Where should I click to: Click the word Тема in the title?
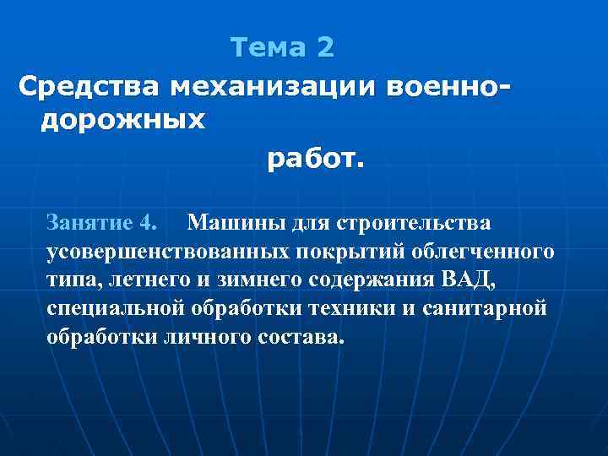pos(269,47)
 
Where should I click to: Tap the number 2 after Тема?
pos(326,47)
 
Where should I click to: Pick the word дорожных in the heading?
pos(123,120)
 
